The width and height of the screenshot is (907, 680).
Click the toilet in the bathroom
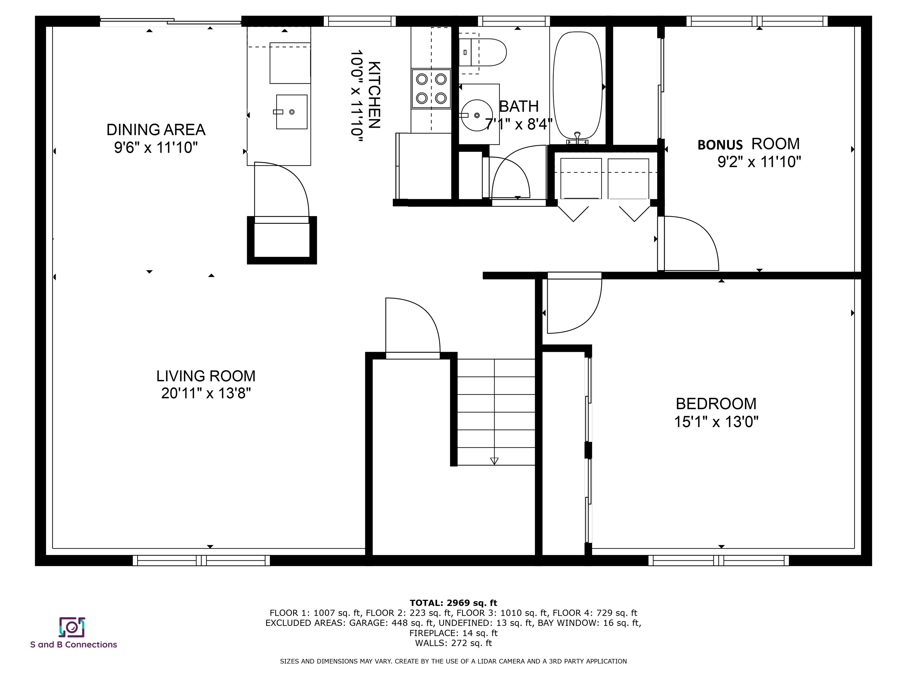coord(484,53)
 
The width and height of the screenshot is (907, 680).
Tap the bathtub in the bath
coord(578,86)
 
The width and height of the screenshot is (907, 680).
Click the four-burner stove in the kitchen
coord(431,89)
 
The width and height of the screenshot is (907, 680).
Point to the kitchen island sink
coord(291,112)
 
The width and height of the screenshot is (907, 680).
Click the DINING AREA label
coord(156,130)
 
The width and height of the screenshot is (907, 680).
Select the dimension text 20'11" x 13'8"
coord(206,393)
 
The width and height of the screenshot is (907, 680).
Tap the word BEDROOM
coord(716,404)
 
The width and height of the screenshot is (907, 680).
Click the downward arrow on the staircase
coord(494,461)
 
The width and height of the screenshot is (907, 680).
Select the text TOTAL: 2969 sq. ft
coord(453,603)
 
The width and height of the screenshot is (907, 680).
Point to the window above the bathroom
coord(513,21)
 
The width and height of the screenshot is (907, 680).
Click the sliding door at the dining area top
coord(170,21)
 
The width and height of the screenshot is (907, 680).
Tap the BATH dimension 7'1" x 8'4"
coord(519,124)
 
